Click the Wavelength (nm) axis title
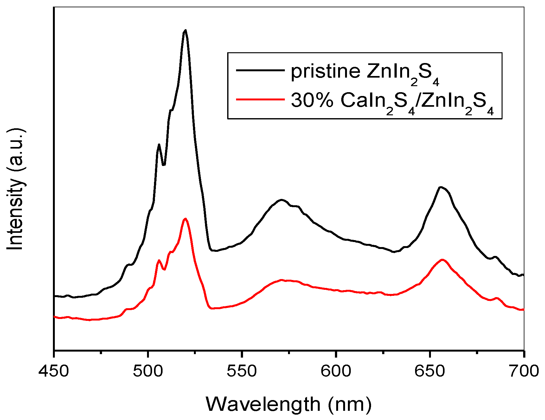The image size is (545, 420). [x=288, y=404]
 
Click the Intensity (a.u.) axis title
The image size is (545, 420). [x=15, y=189]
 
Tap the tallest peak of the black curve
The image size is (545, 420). [x=185, y=30]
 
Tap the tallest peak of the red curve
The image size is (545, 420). [x=185, y=219]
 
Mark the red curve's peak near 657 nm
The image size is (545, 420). [x=442, y=259]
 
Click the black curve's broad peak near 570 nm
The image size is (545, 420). [x=281, y=200]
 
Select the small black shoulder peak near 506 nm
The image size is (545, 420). [x=159, y=144]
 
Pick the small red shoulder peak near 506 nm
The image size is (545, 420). [x=159, y=260]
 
